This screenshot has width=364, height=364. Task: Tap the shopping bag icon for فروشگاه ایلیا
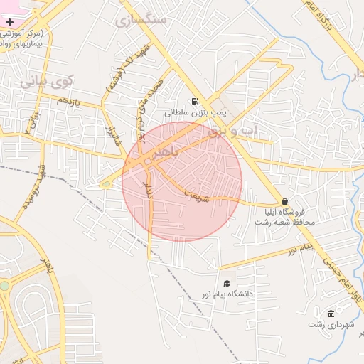point(285,201)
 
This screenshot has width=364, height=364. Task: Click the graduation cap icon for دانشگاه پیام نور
point(226,283)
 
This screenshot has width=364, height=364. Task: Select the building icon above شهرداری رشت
point(331,314)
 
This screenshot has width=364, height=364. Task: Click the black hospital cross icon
point(9,23)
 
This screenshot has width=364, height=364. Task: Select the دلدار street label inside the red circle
point(149,190)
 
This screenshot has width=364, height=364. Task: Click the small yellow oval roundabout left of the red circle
point(106,185)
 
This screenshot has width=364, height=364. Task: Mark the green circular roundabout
point(4,286)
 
